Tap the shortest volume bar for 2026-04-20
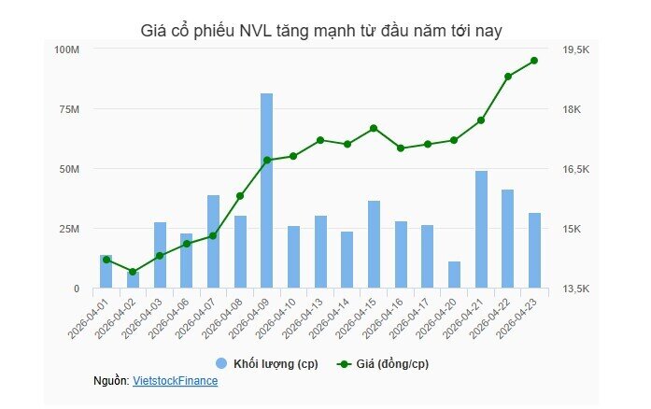[x=454, y=275]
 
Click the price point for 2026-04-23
[x=534, y=61]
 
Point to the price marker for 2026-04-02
[x=133, y=272]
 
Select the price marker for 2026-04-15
[x=374, y=128]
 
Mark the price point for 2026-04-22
[x=508, y=77]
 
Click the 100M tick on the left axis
[x=67, y=49]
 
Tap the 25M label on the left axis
[x=70, y=229]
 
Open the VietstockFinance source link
[x=175, y=381]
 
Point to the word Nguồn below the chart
[x=110, y=381]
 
